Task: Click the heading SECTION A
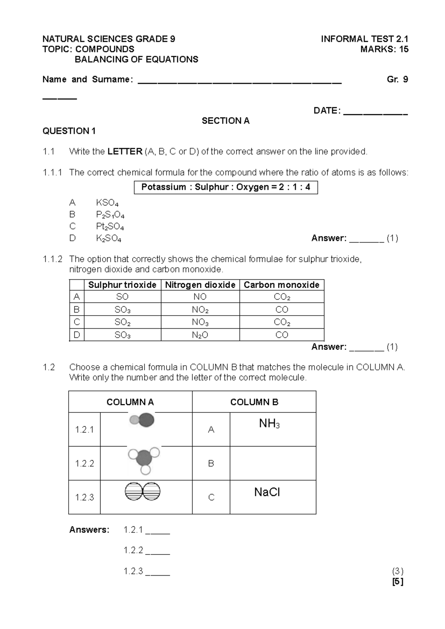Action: [225, 121]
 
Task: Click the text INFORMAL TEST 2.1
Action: [364, 39]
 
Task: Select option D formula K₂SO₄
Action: [108, 238]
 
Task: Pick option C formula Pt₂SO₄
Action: [110, 227]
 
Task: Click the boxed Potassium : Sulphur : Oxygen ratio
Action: [225, 187]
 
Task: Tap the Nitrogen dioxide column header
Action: [200, 285]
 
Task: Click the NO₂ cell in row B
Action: [200, 310]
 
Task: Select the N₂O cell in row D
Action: [200, 335]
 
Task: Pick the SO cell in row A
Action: [122, 297]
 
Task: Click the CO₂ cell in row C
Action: [282, 322]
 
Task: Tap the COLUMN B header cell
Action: [254, 402]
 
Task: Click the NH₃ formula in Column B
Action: [269, 424]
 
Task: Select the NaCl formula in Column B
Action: [267, 492]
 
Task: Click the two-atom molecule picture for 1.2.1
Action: [142, 421]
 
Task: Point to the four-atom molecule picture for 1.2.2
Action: [144, 460]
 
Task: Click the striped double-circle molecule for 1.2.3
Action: [143, 491]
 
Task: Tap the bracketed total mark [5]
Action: [398, 582]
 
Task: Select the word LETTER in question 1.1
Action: [125, 152]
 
